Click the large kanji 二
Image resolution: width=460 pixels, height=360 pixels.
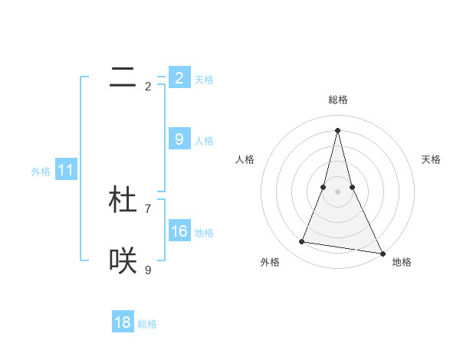[123, 77]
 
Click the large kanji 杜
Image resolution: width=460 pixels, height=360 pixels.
[123, 199]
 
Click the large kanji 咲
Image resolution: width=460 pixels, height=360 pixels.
[123, 261]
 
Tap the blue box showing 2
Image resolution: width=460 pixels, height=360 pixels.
[179, 78]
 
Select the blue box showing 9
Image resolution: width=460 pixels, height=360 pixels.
[179, 139]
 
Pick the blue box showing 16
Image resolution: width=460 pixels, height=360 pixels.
[179, 231]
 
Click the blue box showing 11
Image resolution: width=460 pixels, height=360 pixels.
[65, 171]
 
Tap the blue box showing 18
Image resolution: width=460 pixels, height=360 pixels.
[123, 322]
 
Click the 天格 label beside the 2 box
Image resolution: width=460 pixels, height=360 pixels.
[204, 80]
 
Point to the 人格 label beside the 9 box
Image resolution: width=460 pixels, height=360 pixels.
[204, 141]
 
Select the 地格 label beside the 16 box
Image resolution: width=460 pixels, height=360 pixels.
[204, 233]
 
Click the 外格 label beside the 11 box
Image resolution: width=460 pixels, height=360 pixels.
[41, 172]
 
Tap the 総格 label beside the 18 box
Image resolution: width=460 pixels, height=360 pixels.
[147, 324]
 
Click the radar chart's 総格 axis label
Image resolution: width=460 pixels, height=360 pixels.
[337, 100]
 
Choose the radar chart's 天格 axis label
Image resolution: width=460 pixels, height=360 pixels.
[431, 159]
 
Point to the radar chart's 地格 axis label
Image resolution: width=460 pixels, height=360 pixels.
[402, 262]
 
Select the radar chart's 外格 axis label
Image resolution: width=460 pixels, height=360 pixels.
[270, 262]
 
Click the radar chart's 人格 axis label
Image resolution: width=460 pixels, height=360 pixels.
[245, 159]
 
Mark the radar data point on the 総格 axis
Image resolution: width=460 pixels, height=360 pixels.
[337, 129]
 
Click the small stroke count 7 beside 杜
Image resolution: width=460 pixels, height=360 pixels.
[148, 208]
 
